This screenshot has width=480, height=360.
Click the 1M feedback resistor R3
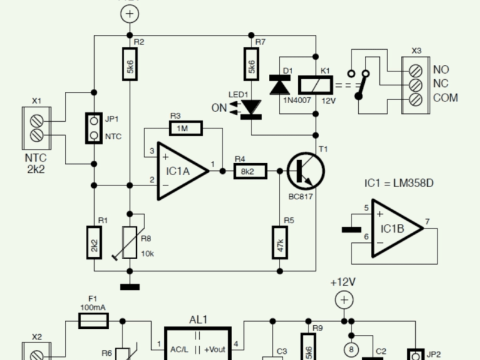187,128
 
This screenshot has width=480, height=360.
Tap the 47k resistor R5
280,242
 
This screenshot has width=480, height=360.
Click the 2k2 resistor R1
94,242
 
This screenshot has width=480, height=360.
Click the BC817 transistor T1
305,172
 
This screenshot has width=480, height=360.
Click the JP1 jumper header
94,127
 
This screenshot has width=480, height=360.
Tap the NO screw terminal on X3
415,70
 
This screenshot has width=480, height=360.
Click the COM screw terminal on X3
415,98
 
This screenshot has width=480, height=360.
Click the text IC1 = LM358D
398,183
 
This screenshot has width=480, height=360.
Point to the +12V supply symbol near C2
343,299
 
